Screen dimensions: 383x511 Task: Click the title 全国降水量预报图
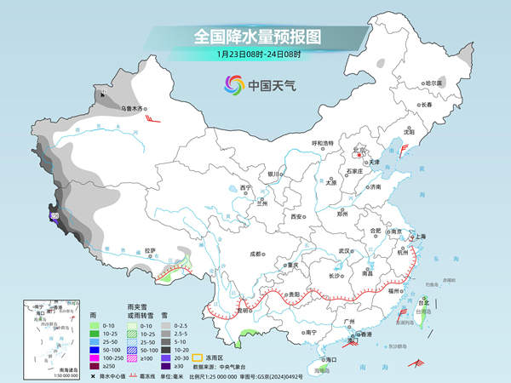pyautogui.click(x=255, y=37)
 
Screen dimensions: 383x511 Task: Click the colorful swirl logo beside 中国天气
pyautogui.click(x=233, y=84)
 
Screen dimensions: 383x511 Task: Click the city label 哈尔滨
pyautogui.click(x=434, y=83)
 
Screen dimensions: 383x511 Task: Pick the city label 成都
pyautogui.click(x=256, y=254)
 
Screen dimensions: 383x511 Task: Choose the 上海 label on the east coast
pyautogui.click(x=418, y=236)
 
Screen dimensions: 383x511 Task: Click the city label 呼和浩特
pyautogui.click(x=326, y=143)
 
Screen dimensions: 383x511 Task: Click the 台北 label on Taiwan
pyautogui.click(x=424, y=301)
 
